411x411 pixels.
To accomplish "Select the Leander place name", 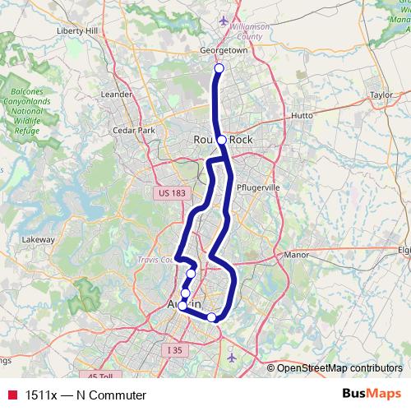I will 116,94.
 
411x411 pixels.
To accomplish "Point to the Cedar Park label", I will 134,130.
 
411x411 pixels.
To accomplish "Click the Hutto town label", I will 302,116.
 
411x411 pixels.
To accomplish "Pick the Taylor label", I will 381,95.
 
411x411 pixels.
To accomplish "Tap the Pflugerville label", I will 258,187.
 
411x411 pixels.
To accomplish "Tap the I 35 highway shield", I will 173,350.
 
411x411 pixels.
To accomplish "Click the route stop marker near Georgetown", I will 219,69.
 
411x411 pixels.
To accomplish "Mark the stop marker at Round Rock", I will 221,141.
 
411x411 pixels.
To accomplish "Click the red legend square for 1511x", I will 12,395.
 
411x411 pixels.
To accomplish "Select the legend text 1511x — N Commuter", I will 80,395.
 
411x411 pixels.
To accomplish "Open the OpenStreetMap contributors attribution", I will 339,368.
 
